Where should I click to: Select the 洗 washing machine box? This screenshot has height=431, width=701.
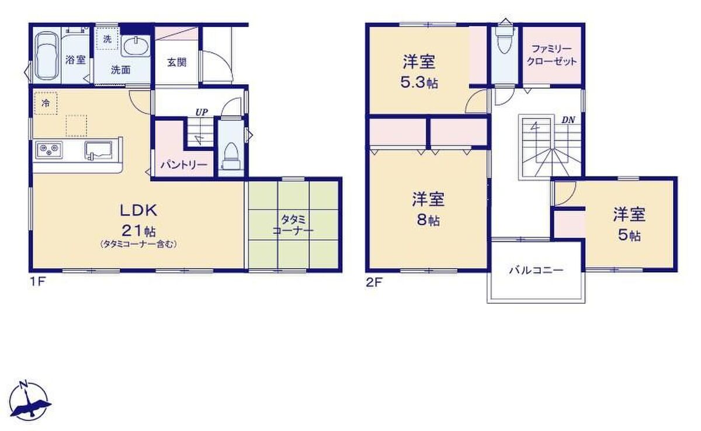click(x=107, y=39)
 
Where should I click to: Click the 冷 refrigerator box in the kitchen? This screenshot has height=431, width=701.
click(x=46, y=103)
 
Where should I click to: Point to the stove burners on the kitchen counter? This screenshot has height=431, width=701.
click(x=49, y=150)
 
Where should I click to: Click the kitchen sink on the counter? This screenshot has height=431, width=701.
click(x=98, y=150)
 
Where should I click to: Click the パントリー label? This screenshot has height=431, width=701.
click(x=184, y=165)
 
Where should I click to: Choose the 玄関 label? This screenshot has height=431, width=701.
click(x=177, y=62)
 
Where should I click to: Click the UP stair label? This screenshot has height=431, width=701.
click(x=202, y=112)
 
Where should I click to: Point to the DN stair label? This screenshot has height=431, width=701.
click(x=568, y=120)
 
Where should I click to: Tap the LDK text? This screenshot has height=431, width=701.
click(x=138, y=210)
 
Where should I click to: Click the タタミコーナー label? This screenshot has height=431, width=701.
click(x=293, y=225)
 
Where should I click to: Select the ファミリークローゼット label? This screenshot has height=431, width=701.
click(x=551, y=55)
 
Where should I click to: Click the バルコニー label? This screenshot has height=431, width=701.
click(x=536, y=270)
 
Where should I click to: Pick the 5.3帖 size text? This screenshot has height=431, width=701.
click(x=419, y=82)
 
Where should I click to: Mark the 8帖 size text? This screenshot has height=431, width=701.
click(x=428, y=221)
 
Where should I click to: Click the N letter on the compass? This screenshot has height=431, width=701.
click(x=23, y=384)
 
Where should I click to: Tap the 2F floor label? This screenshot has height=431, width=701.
click(x=374, y=283)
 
